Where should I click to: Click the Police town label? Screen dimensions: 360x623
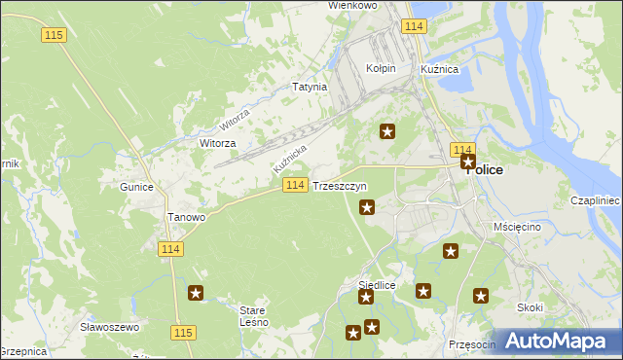pyautogui.click(x=488, y=169)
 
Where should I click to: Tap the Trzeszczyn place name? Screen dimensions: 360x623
pyautogui.click(x=340, y=185)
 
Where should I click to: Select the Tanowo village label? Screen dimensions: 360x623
pyautogui.click(x=187, y=217)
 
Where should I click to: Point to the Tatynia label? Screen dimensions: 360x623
pyautogui.click(x=310, y=87)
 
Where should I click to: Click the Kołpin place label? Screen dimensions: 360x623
pyautogui.click(x=380, y=69)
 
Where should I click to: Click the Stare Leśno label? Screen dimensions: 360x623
pyautogui.click(x=253, y=316)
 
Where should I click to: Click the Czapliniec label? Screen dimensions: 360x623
pyautogui.click(x=597, y=199)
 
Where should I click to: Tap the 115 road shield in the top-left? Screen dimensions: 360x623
pyautogui.click(x=54, y=34)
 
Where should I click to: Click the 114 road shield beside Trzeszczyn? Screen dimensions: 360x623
pyautogui.click(x=297, y=185)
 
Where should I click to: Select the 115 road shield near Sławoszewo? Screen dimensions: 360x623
pyautogui.click(x=182, y=333)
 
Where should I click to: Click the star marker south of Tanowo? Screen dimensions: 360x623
pyautogui.click(x=196, y=293)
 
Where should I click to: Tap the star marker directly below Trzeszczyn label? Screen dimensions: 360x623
pyautogui.click(x=367, y=206)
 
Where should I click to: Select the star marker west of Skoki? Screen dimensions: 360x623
pyautogui.click(x=480, y=296)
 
